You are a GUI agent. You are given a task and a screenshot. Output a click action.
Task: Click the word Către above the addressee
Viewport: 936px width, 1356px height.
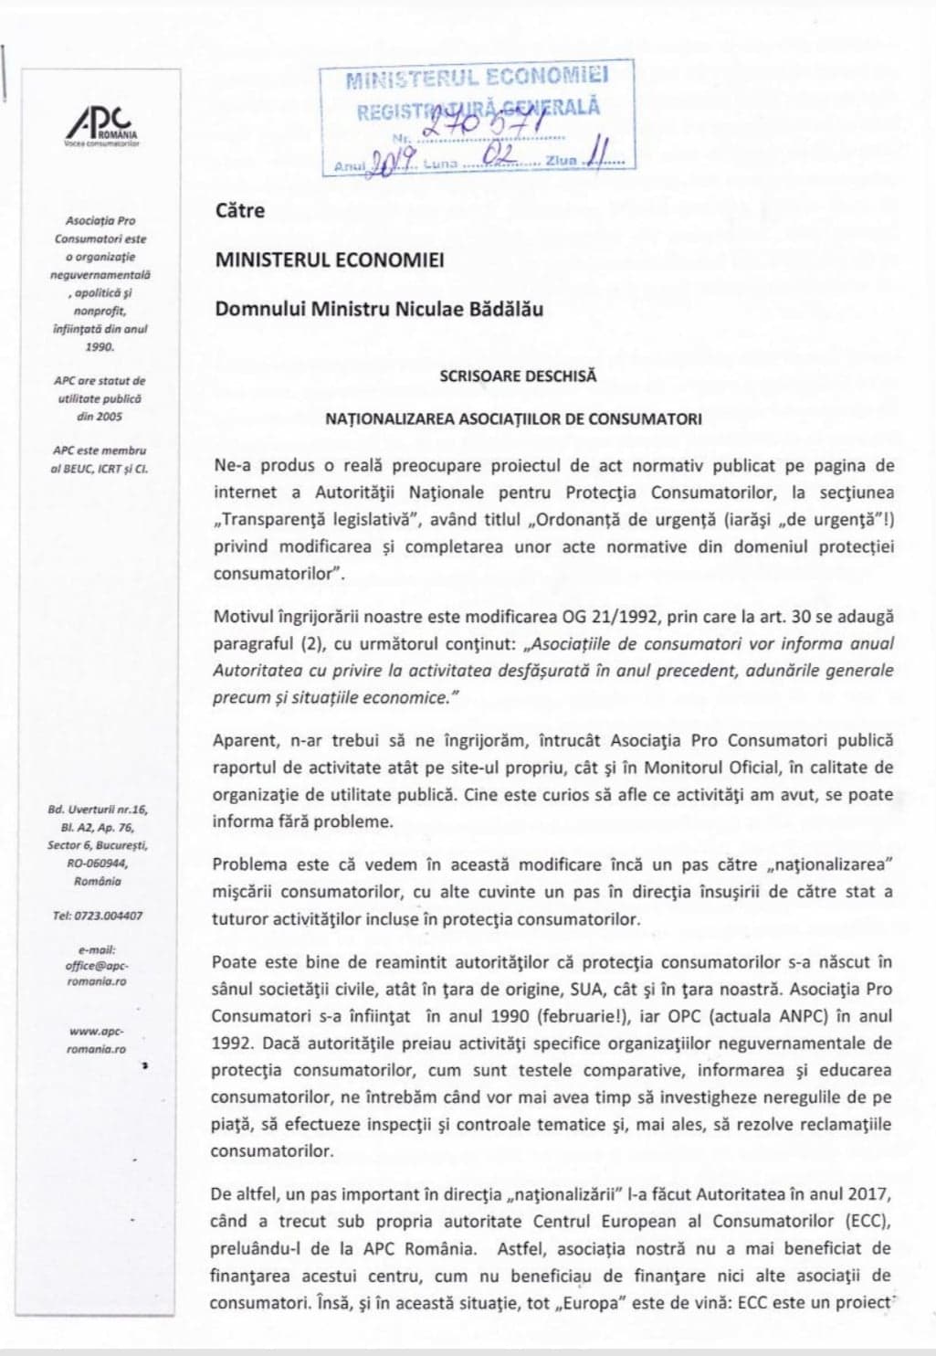[239, 211]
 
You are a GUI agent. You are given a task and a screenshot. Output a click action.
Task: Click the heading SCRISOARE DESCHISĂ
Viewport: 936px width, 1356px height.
[517, 376]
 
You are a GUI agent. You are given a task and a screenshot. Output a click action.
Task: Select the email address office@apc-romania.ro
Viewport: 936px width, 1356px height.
[97, 965]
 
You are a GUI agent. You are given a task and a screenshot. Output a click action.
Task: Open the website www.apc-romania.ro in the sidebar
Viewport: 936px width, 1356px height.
[97, 1040]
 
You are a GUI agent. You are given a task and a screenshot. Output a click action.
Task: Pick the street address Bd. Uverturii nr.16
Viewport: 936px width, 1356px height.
[97, 810]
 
